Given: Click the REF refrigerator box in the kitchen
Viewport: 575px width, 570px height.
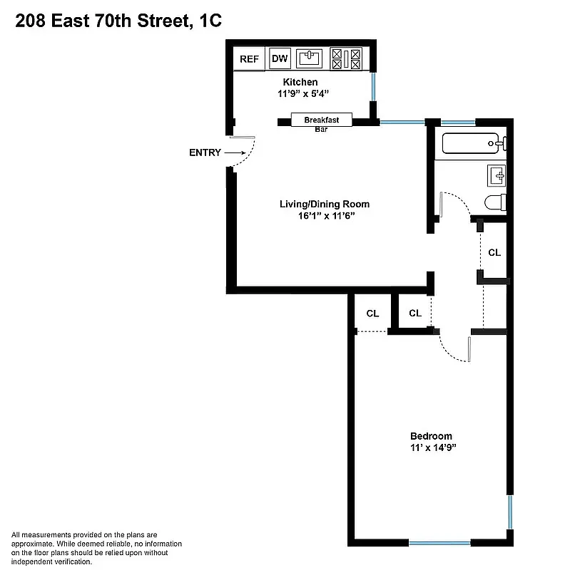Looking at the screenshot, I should [x=249, y=59].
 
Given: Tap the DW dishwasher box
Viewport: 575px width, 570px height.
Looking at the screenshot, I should [x=280, y=59].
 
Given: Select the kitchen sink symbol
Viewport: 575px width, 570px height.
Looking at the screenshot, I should [x=310, y=58].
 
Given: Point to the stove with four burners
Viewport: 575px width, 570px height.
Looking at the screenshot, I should [x=347, y=58].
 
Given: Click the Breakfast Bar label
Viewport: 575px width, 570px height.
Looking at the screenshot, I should [x=321, y=120].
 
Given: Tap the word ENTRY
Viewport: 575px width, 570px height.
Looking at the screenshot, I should [x=205, y=152].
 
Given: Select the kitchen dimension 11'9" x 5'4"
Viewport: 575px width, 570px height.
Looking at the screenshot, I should [x=303, y=93].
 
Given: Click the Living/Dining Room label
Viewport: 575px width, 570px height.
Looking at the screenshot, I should [x=324, y=204].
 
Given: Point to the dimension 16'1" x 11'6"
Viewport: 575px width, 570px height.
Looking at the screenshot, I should [x=324, y=217].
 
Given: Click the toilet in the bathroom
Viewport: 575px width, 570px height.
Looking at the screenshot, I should [x=495, y=202].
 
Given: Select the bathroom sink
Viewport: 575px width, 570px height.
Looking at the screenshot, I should [x=497, y=174].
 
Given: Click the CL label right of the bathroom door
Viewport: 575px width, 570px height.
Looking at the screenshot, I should [x=494, y=252].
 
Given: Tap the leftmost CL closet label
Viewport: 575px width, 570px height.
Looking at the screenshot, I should [x=372, y=313].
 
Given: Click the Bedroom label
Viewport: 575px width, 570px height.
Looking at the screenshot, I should [x=431, y=436].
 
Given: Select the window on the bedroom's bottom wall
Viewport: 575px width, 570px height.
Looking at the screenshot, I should [x=439, y=543].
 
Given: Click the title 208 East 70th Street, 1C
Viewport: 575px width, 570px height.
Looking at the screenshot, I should [x=118, y=22].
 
